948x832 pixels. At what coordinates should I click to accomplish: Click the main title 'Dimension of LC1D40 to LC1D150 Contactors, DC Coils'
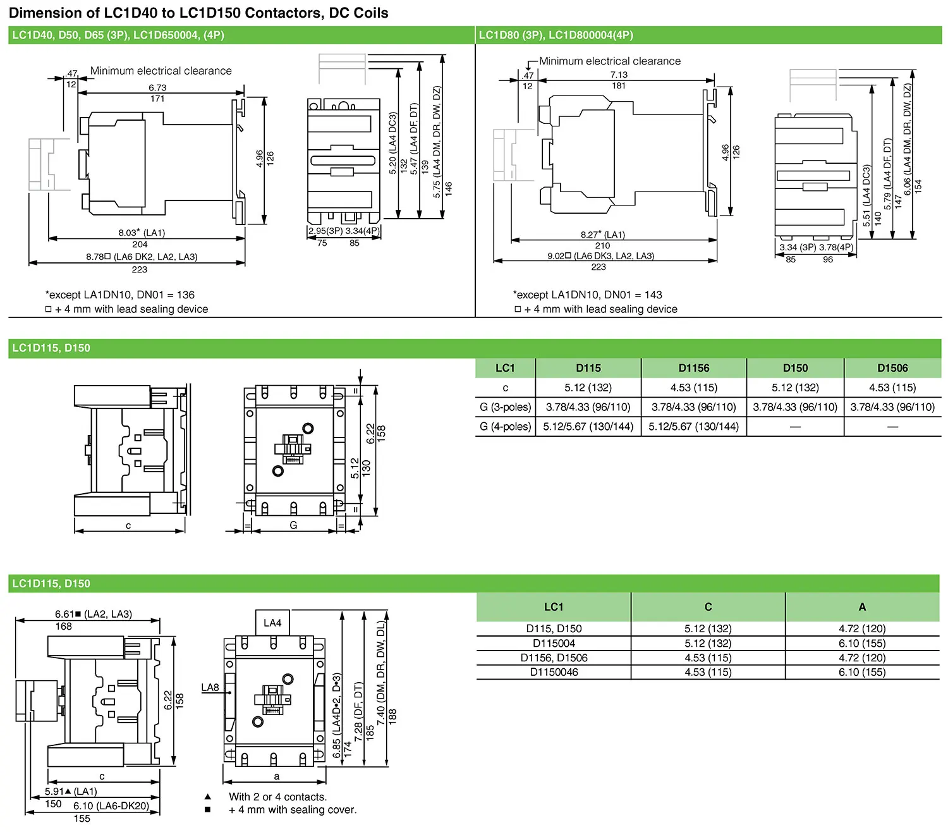pos(198,13)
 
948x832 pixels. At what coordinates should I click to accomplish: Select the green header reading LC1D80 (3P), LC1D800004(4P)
pos(556,35)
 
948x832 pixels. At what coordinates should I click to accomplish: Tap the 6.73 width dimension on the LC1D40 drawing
pos(157,88)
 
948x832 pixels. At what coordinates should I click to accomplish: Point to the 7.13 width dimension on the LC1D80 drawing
pos(619,75)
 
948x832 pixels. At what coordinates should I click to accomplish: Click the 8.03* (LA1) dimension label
pos(142,233)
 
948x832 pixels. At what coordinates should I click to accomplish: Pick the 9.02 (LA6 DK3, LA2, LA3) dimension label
pos(600,256)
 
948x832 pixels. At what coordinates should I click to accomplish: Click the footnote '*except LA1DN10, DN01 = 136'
pos(120,295)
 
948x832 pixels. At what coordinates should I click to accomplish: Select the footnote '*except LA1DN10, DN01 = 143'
pos(588,295)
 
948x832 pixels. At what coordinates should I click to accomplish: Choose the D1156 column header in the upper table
pos(693,368)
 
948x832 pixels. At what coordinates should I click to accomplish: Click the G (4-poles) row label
pos(505,427)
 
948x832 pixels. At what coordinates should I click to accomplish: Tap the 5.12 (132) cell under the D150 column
pos(795,388)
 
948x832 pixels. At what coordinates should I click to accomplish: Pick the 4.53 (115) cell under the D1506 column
pos(892,388)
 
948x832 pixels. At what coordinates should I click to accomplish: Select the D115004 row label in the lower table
pos(554,644)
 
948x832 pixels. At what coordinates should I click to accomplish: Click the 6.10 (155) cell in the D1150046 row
pos(862,672)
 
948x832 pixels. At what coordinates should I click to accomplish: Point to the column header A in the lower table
pos(862,607)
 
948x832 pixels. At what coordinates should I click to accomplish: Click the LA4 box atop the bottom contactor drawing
pos(272,623)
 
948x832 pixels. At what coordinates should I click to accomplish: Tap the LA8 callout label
pos(210,688)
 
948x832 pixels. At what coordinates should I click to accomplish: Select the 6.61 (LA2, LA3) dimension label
pos(94,614)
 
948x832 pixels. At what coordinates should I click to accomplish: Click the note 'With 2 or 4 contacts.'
pos(277,797)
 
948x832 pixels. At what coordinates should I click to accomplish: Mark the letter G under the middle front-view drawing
pos(293,525)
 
